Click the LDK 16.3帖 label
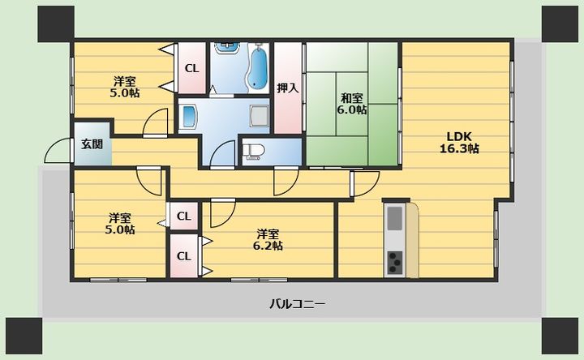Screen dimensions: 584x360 459,142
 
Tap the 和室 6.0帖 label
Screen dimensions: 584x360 351,104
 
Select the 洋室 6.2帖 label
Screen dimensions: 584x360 268,240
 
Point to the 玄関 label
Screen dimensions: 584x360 92,144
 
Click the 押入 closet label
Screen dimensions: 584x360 287,88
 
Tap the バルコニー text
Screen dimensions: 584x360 297,304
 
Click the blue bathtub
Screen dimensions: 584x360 258,68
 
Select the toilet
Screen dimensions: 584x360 253,152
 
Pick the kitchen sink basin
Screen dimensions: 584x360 395,218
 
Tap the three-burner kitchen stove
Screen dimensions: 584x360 395,263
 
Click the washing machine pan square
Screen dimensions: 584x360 260,115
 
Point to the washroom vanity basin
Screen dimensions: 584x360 189,116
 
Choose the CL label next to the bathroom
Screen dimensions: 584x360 192,68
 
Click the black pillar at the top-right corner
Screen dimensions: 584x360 560,24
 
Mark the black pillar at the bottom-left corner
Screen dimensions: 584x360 24,336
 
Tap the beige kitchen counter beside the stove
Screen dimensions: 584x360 412,240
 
